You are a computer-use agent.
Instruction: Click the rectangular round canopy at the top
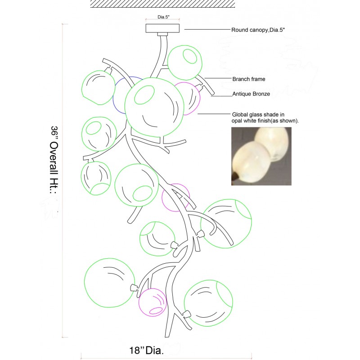pos(162,28)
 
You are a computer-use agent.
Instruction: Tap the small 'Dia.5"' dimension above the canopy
pos(163,17)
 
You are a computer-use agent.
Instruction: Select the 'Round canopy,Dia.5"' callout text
pos(258,30)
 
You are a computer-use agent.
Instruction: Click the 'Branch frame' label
pos(249,79)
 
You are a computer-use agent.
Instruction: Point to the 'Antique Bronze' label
pos(251,94)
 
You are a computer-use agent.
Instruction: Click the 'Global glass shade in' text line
pos(258,115)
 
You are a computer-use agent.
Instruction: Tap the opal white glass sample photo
pos(261,156)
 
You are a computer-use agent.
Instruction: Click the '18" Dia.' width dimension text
pos(147,351)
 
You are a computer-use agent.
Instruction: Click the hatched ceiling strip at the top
pos(162,4)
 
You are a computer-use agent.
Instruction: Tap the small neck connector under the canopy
pos(162,34)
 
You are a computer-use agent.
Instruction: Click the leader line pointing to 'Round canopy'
pos(207,29)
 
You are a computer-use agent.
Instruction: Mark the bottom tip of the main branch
pos(167,337)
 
